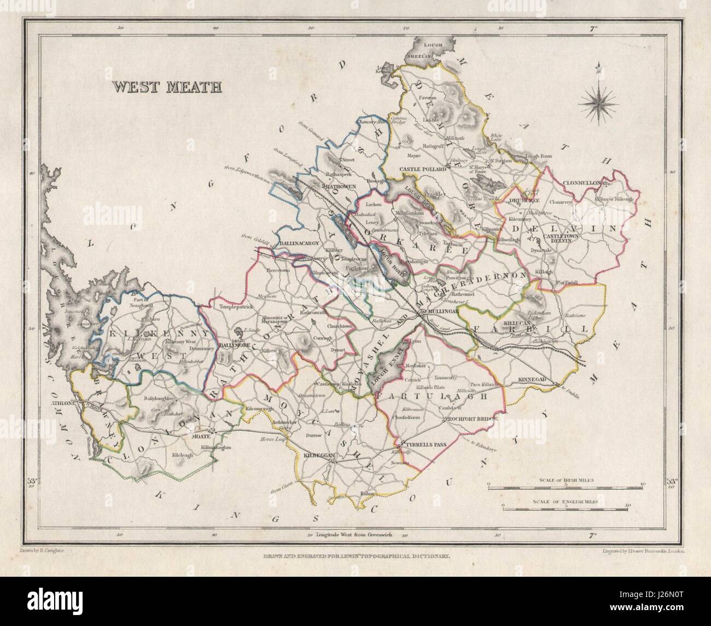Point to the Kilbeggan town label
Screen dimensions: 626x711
tap(314, 455)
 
